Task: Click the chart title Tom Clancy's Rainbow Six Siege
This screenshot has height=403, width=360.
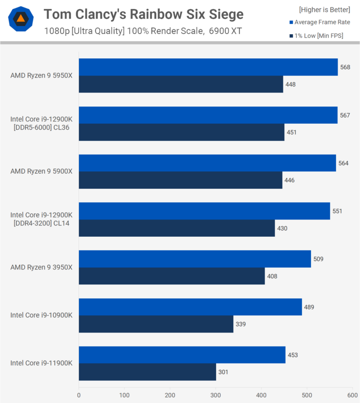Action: coord(144,14)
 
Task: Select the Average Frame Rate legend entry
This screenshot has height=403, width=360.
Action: coord(322,22)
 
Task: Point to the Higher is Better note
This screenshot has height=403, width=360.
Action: coord(324,9)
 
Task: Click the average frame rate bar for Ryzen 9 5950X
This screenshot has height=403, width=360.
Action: coord(208,67)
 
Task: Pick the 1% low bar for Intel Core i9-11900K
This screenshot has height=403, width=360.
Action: coord(147,372)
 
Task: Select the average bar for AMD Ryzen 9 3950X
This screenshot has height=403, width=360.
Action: coord(194,259)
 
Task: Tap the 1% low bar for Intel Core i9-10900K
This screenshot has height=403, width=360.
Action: coord(156,324)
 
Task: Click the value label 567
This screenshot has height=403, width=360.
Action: coord(345,115)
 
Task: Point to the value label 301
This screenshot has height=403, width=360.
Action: coord(223,372)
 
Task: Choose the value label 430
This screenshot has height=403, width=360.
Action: coord(282,228)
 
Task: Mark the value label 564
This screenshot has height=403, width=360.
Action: coord(344,163)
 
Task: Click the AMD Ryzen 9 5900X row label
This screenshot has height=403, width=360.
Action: coord(42,171)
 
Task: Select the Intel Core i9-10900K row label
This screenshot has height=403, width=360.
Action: coord(42,315)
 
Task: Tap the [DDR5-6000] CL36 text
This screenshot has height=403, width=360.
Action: coord(42,127)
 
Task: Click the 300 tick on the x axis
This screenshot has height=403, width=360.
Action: coord(216,395)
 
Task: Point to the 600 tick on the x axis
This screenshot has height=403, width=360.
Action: coord(353,395)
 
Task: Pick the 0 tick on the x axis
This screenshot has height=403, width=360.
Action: coord(79,395)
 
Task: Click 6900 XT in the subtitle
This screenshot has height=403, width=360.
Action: coord(227,31)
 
